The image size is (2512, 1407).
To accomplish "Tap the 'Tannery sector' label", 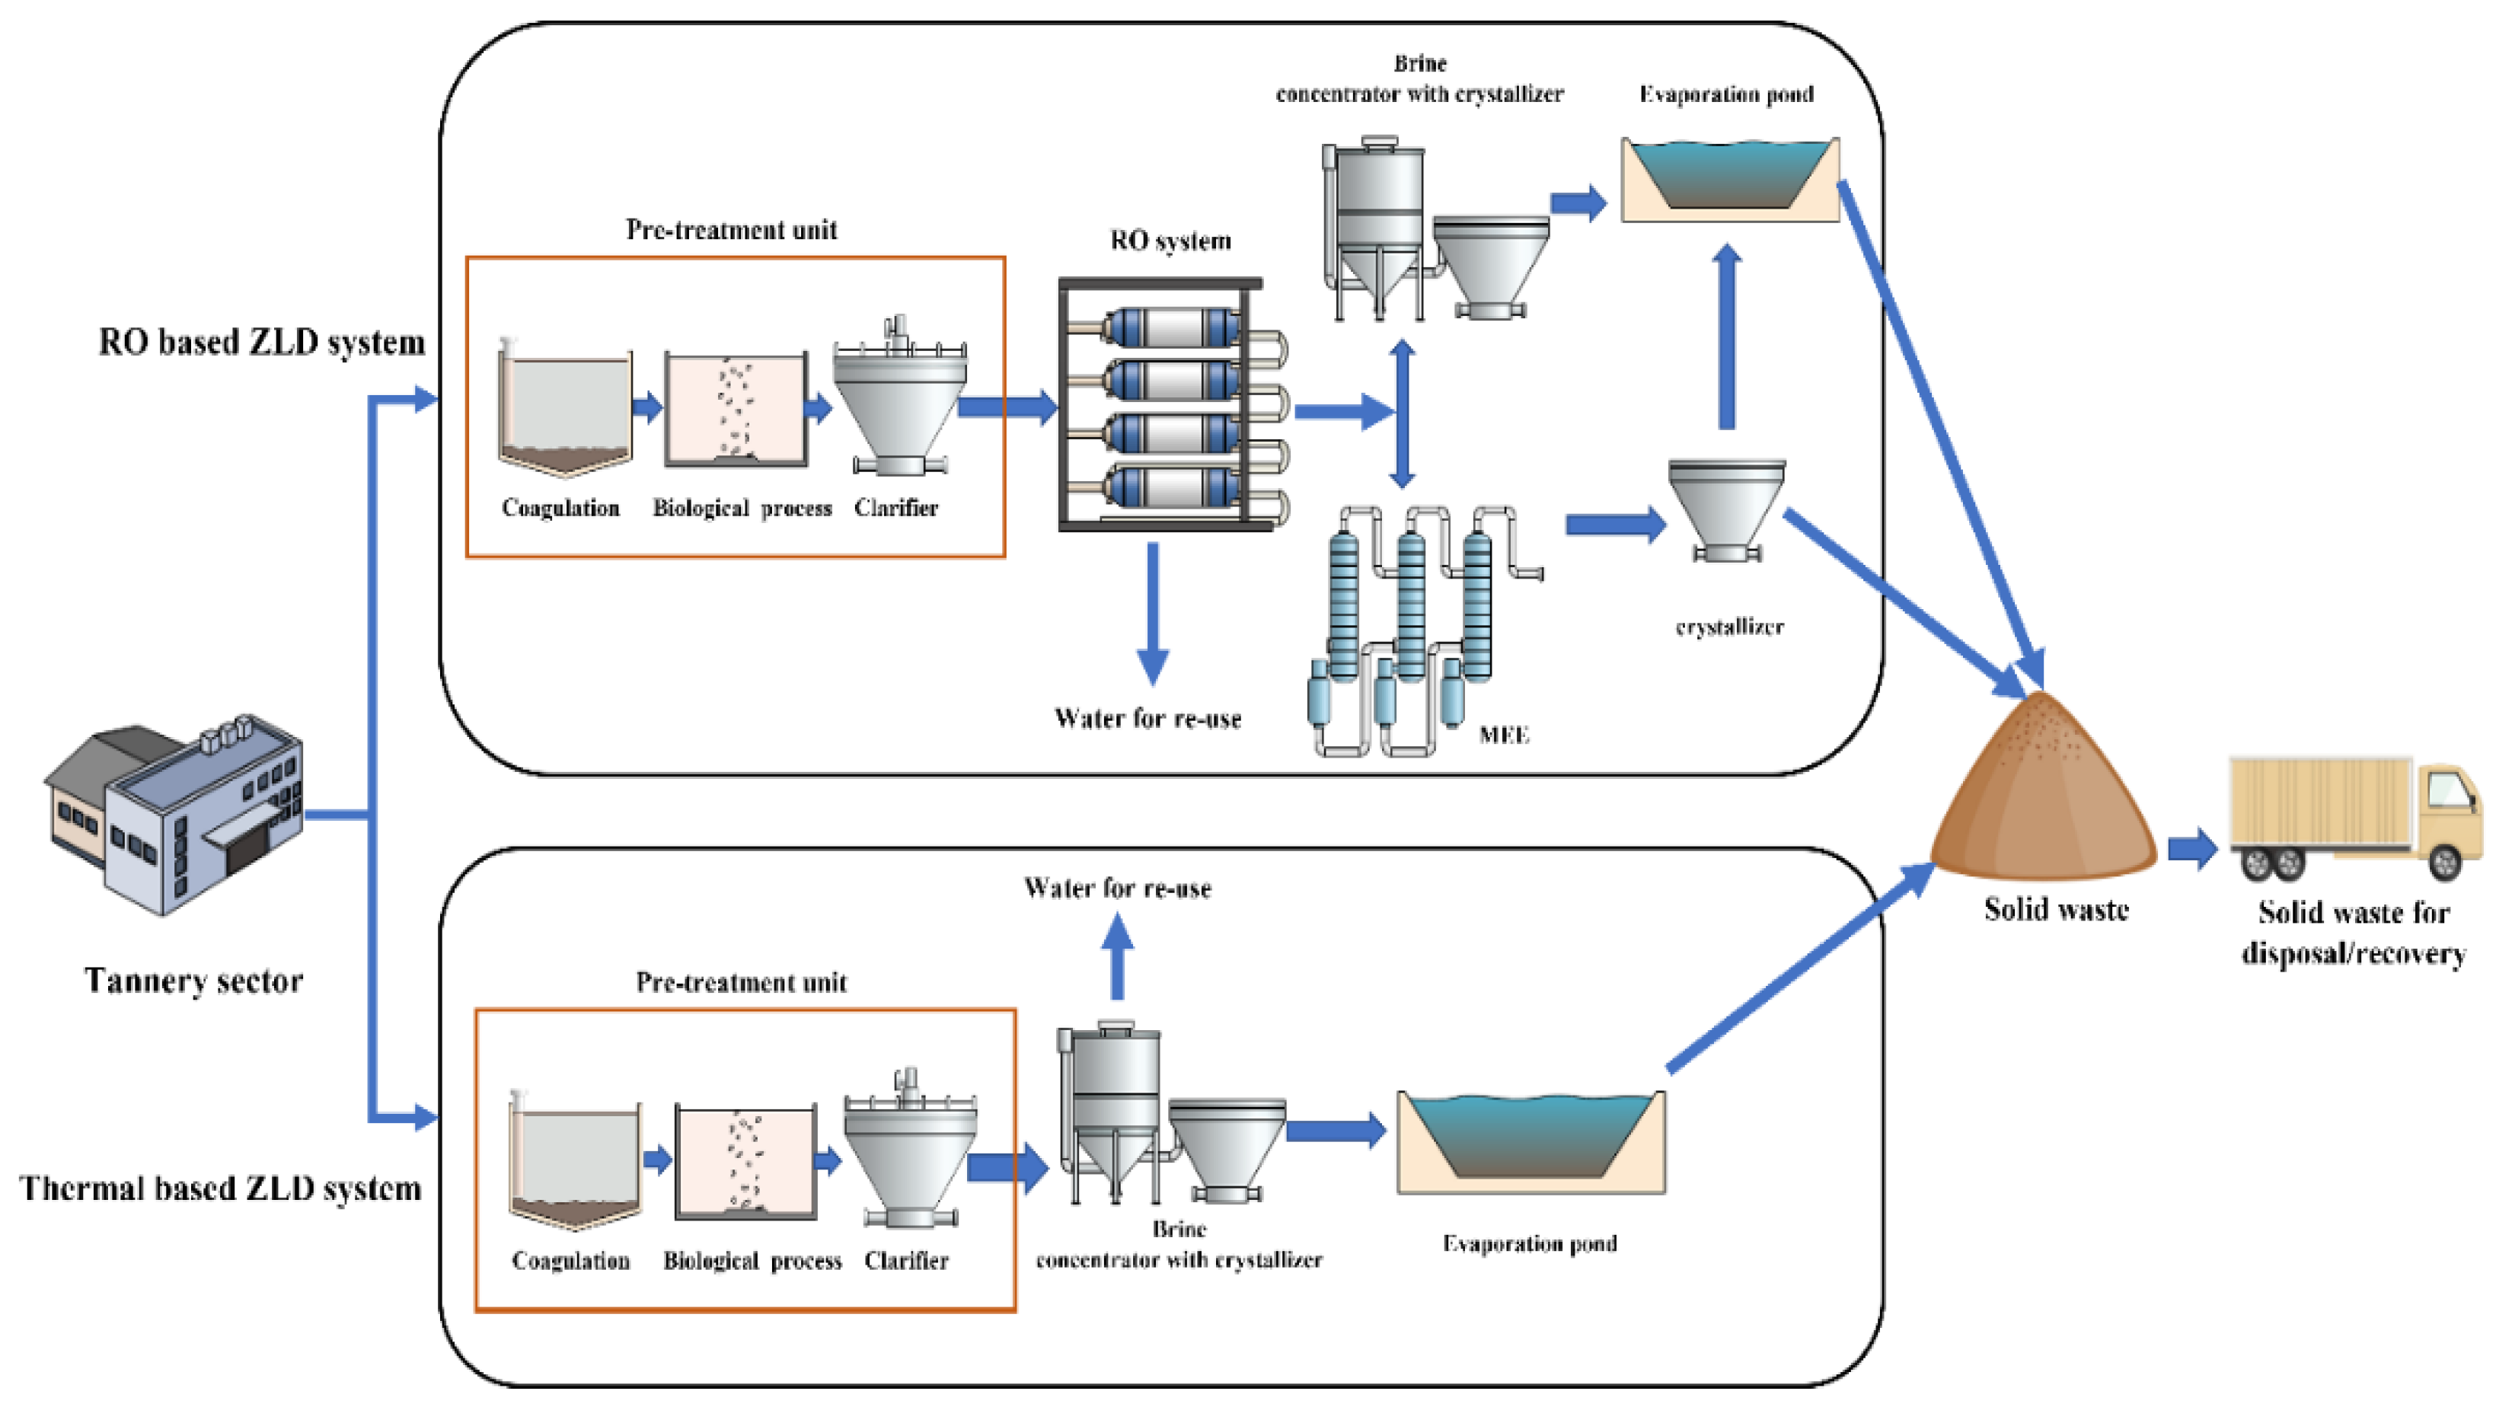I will click(193, 980).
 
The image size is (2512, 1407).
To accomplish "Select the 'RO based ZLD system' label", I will click(261, 343).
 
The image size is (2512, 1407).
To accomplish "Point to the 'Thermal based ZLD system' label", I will click(220, 1188).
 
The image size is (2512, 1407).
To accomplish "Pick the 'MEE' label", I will click(1503, 734).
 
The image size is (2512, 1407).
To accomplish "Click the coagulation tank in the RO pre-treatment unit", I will click(563, 410).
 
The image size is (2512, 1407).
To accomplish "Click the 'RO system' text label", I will click(1170, 240).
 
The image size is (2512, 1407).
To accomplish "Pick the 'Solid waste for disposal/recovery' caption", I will click(2353, 932).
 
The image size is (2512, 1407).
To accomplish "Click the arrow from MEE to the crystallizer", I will click(1614, 525).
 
